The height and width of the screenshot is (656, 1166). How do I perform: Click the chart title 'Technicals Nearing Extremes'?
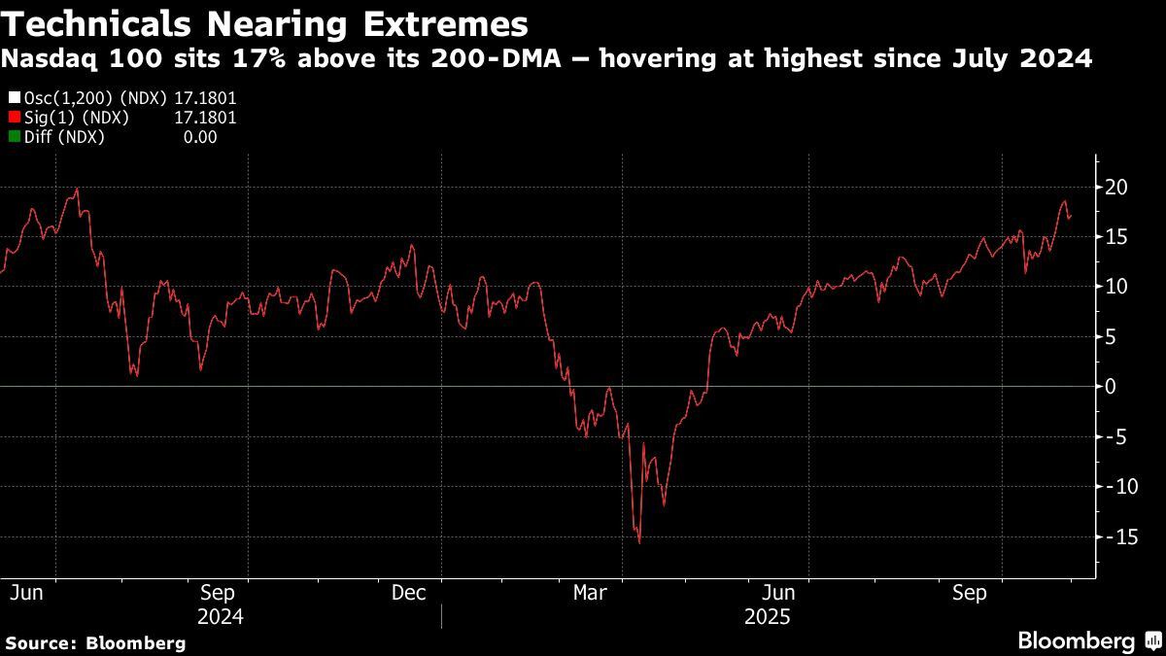pyautogui.click(x=265, y=22)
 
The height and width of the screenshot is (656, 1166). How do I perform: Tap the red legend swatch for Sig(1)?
pyautogui.click(x=13, y=118)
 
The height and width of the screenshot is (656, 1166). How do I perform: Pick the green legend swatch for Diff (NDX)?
pyautogui.click(x=13, y=137)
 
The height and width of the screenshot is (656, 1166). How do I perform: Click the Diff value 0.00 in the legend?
pyautogui.click(x=200, y=137)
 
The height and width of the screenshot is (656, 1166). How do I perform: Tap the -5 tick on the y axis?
pyautogui.click(x=1117, y=436)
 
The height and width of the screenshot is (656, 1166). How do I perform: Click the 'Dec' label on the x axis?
pyautogui.click(x=408, y=592)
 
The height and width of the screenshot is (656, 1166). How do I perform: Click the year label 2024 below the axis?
pyautogui.click(x=220, y=617)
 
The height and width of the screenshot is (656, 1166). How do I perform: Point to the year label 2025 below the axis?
pyautogui.click(x=768, y=617)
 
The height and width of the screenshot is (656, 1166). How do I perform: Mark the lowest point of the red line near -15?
pyautogui.click(x=638, y=542)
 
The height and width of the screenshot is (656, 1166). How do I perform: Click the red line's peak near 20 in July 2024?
pyautogui.click(x=77, y=190)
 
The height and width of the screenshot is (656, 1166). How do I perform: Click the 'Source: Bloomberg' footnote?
pyautogui.click(x=95, y=642)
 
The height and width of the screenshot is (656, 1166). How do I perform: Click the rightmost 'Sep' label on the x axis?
pyautogui.click(x=969, y=592)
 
